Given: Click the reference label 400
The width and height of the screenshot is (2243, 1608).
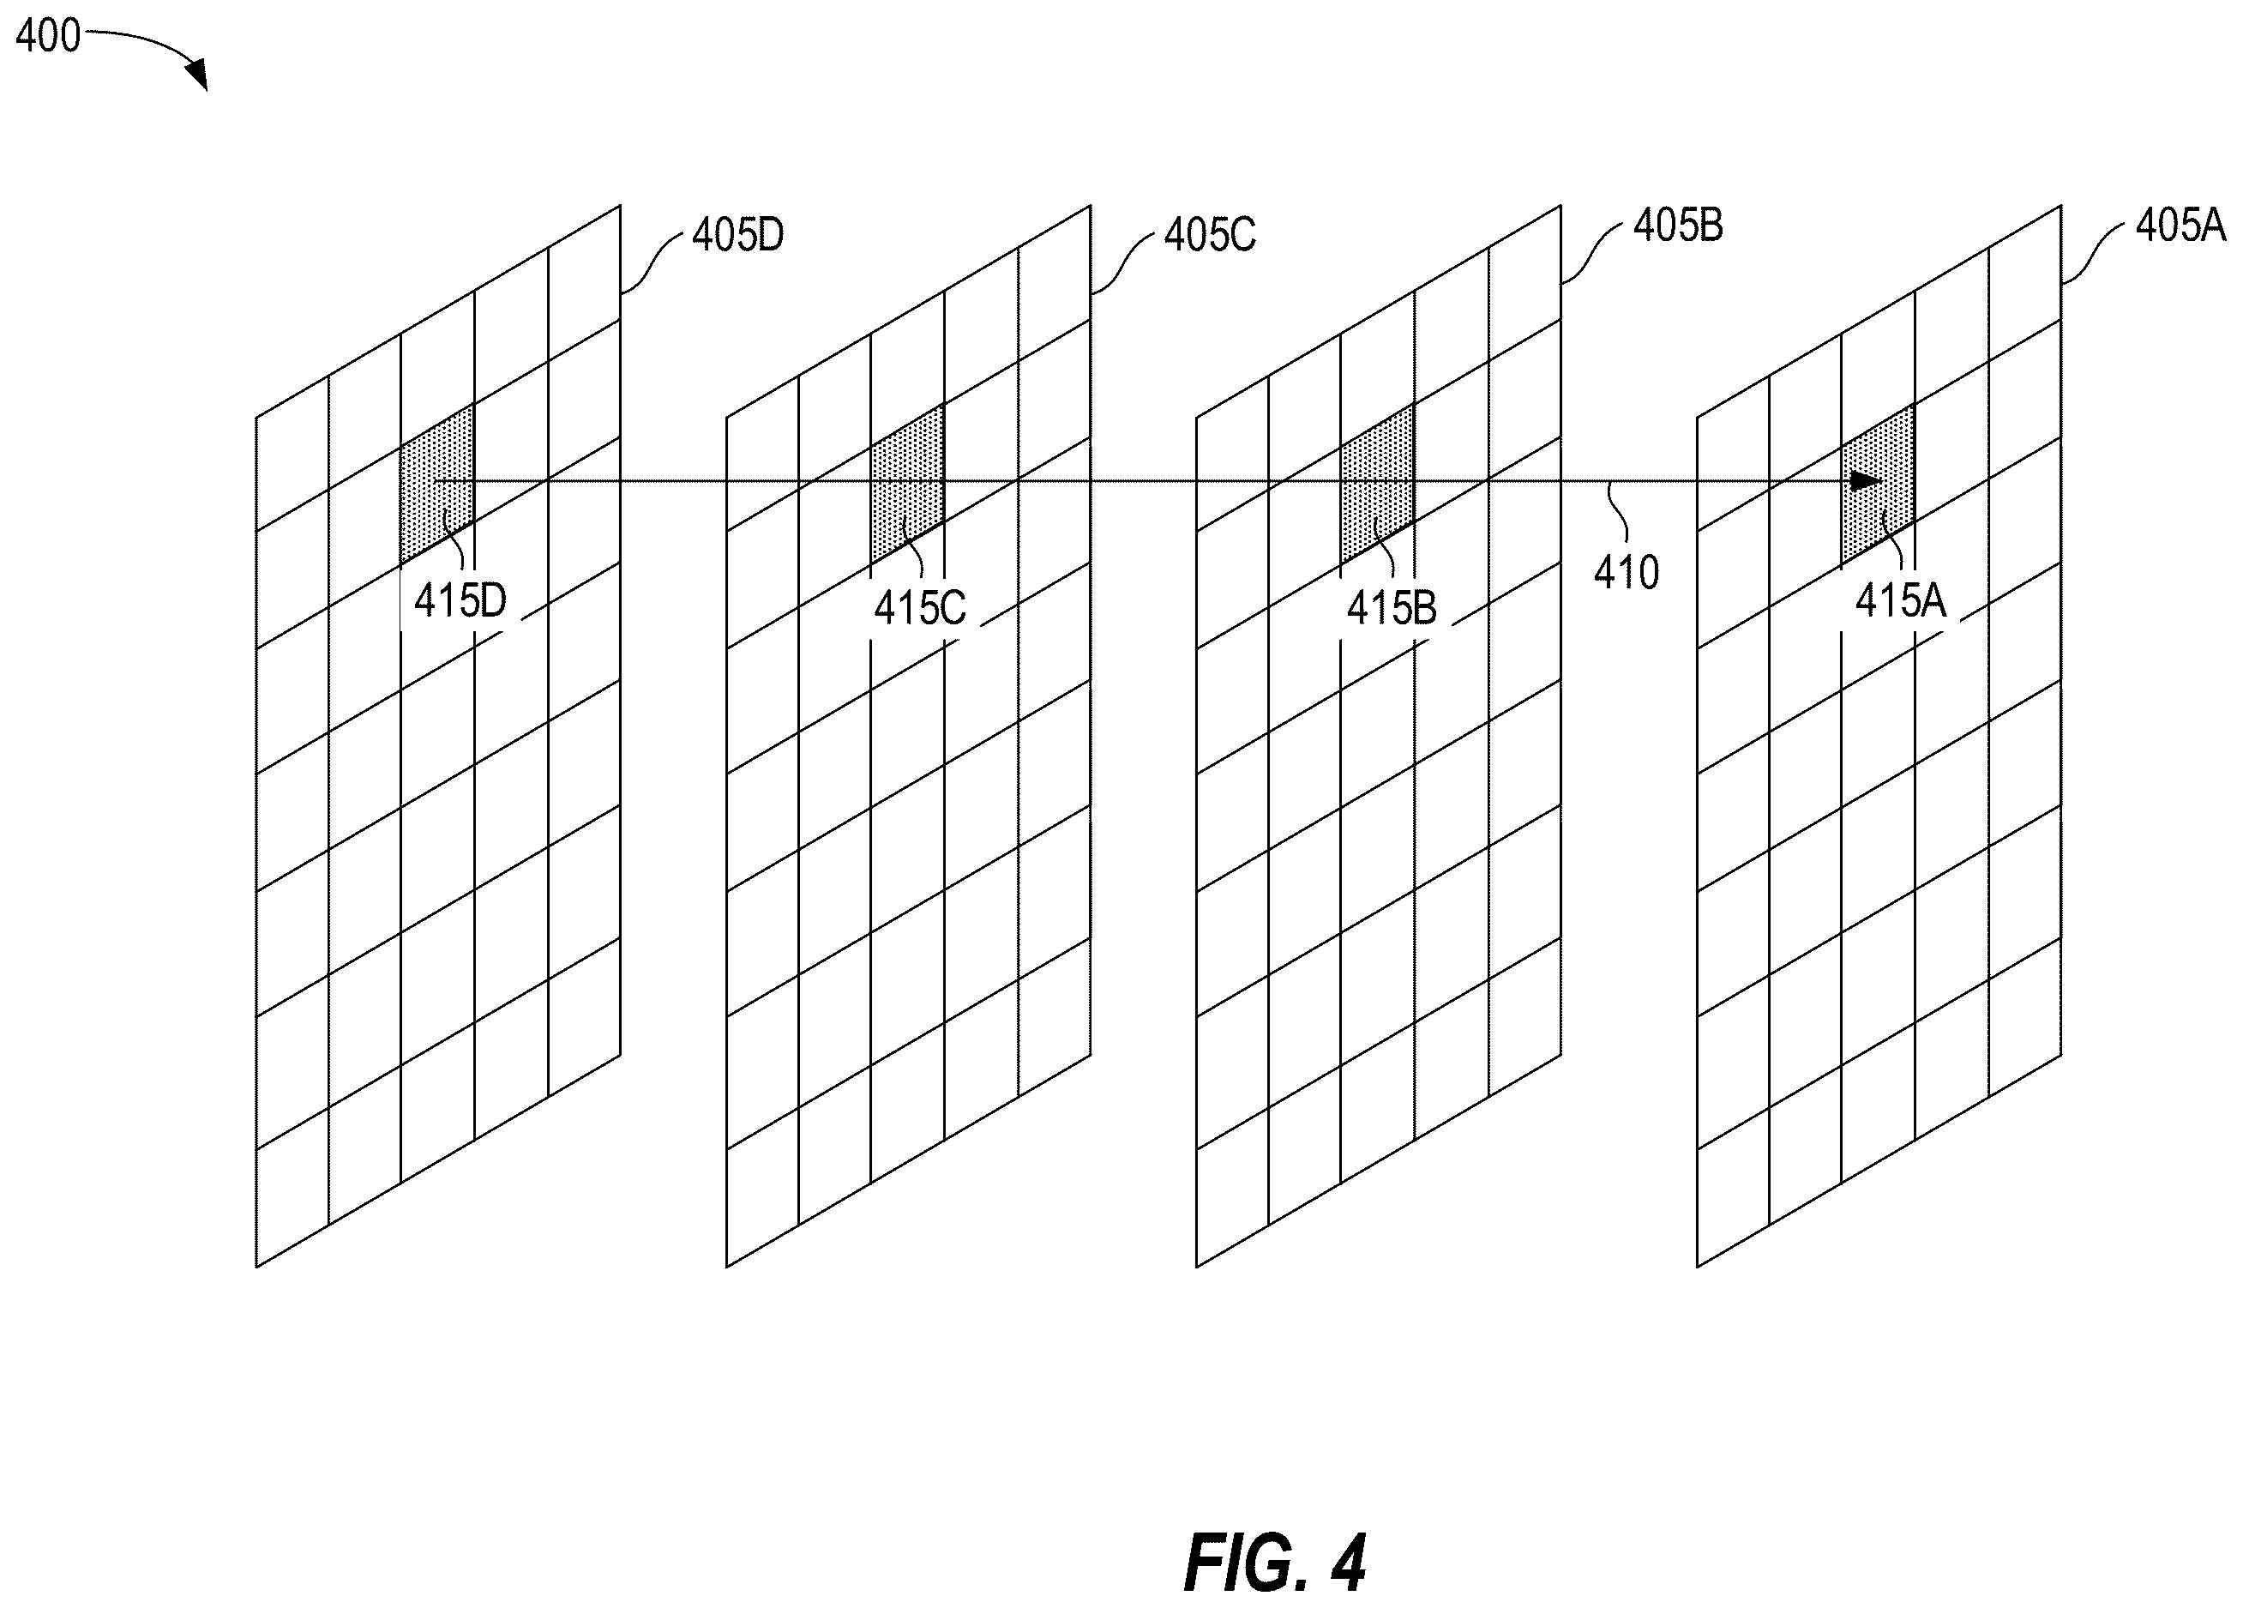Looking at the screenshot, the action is [47, 37].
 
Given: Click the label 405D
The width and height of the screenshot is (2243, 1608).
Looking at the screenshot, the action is [737, 235].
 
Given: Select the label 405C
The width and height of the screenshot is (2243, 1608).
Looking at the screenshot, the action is [1210, 235].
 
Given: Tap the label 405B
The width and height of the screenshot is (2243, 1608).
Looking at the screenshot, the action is [1678, 226].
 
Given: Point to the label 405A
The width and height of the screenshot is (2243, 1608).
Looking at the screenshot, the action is [2180, 226].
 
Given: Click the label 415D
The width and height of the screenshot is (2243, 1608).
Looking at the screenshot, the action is [460, 600].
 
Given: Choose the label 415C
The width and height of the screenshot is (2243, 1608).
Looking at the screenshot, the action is [920, 608].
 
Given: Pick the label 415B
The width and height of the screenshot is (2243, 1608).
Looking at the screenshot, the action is [1392, 608].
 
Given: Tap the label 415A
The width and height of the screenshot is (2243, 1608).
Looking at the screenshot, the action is [1901, 600].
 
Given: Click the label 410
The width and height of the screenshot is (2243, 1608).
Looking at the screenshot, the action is [1626, 573].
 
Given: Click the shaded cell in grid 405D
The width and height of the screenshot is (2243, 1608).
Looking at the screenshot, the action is [436, 485].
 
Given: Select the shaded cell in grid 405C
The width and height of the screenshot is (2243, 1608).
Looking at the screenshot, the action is [907, 485].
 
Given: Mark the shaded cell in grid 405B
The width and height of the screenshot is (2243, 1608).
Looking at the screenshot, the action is [1377, 485].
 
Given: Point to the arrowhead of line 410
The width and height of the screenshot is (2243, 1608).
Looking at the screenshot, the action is [1865, 482].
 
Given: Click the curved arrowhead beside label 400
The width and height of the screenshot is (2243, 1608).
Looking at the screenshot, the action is [198, 74].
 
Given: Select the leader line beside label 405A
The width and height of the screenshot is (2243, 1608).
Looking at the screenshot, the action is [2094, 254].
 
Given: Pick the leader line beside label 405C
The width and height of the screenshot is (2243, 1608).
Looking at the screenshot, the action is [1123, 263].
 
